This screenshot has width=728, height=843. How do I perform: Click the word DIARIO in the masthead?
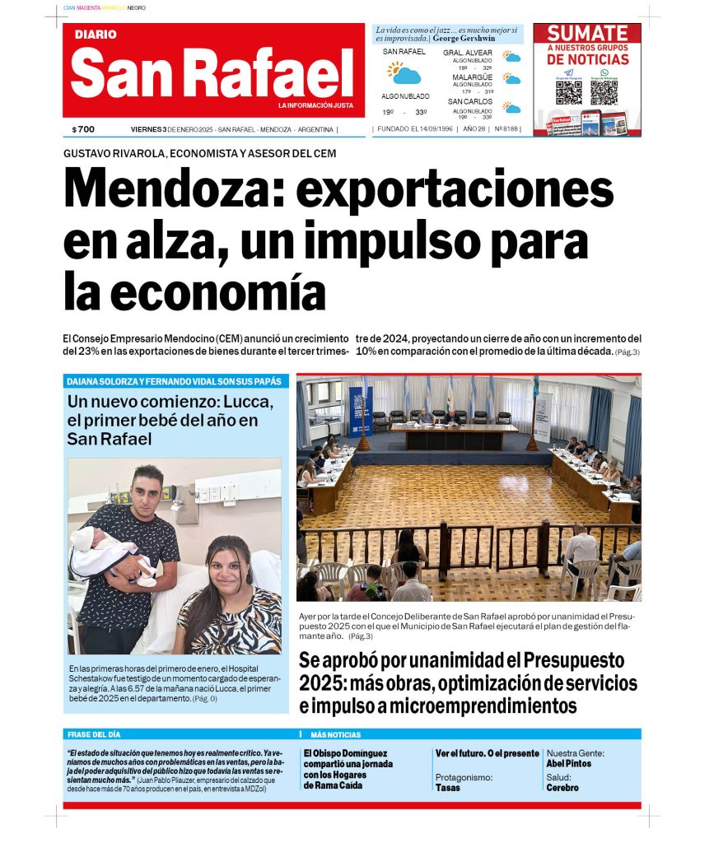coord(96,35)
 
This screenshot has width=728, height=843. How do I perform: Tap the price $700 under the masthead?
coord(83,129)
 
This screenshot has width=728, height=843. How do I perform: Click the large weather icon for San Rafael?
coord(404,73)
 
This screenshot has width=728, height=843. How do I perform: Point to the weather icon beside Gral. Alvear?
coord(512,58)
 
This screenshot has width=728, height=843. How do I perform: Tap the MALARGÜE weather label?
coord(472,77)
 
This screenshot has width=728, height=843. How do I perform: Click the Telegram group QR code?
coord(568,91)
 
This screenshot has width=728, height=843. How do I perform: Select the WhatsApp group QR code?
coord(604,91)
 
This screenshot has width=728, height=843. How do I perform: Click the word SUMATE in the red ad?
coord(587,34)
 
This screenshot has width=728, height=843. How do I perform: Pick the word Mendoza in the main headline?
coord(171,189)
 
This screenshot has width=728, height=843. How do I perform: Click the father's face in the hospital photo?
coord(148,487)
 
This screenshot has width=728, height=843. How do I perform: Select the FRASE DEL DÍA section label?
coord(94,734)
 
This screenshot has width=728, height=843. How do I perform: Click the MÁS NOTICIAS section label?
coord(335,734)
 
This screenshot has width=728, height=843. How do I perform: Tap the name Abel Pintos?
coord(568,764)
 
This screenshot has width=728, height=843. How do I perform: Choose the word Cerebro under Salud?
coord(562,788)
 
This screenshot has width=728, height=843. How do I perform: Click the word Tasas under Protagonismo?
coord(447,788)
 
